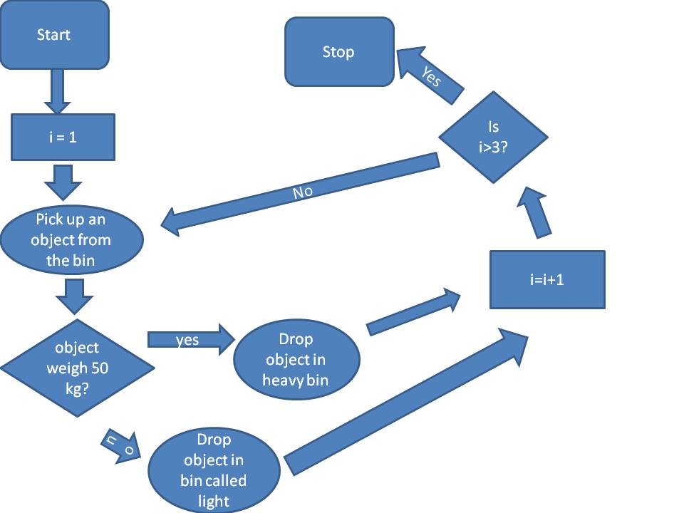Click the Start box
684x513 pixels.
[x=54, y=35]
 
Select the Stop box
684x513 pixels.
[x=339, y=52]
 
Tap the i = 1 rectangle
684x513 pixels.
[x=63, y=137]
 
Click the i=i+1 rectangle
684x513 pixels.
[x=547, y=279]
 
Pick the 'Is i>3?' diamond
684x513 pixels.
[x=493, y=136]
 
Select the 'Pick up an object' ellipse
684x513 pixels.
[x=71, y=240]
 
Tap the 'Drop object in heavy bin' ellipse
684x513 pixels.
[x=296, y=360]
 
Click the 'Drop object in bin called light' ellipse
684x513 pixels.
[x=214, y=471]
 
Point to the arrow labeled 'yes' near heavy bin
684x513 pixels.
[x=190, y=340]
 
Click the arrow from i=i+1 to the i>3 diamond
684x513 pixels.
[x=536, y=210]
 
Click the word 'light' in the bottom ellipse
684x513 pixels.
[x=214, y=501]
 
